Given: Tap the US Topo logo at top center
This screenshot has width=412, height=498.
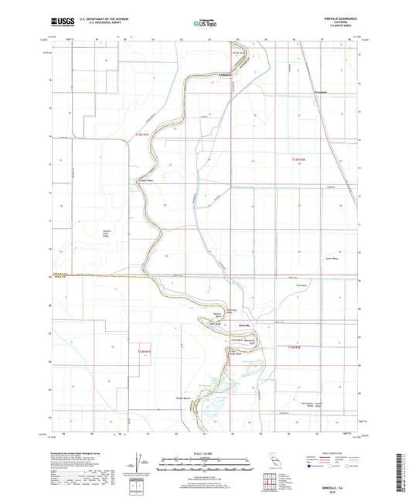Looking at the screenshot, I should [x=206, y=24].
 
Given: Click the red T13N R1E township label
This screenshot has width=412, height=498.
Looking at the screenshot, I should [x=140, y=135].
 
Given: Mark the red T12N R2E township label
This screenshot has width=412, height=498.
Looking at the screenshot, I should [x=292, y=349].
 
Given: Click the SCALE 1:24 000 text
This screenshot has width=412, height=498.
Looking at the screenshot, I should [x=206, y=453].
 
